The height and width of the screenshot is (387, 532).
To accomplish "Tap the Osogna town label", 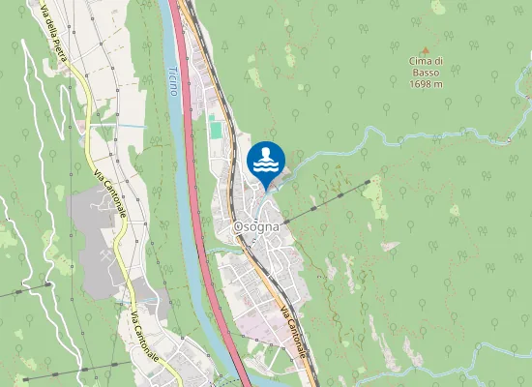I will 257,226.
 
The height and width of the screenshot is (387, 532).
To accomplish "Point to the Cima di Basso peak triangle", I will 423,51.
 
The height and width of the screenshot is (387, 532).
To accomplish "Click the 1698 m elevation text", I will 426,84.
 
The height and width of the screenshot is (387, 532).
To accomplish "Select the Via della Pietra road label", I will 53,39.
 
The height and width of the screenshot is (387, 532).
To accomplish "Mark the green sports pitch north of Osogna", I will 215,129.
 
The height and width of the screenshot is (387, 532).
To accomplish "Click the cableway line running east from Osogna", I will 329,200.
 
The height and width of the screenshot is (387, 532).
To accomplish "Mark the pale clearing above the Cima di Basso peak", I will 438,8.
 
